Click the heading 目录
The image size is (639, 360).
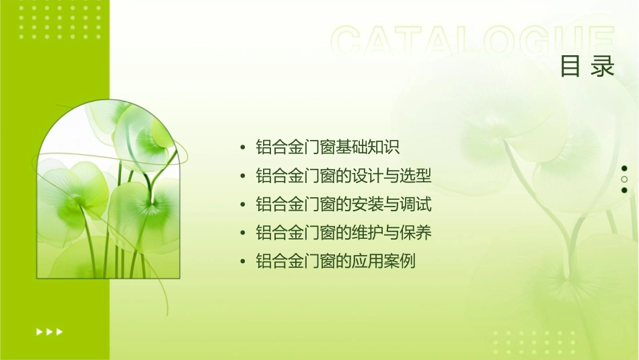tap(587, 67)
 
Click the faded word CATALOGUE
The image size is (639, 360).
tap(472, 42)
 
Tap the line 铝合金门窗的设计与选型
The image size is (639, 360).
tap(343, 176)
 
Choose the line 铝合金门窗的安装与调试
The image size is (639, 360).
tap(343, 205)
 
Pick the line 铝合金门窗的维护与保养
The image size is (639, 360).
tap(343, 233)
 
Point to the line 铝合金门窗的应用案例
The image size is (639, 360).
tap(336, 261)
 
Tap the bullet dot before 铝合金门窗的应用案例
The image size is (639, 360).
tap(243, 262)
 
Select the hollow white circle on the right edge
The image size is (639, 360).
tap(624, 179)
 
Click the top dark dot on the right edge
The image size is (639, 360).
tap(624, 168)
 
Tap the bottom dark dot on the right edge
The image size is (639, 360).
tap(624, 190)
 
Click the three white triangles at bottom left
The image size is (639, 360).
tap(49, 331)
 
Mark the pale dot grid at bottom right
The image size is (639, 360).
tap(531, 343)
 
